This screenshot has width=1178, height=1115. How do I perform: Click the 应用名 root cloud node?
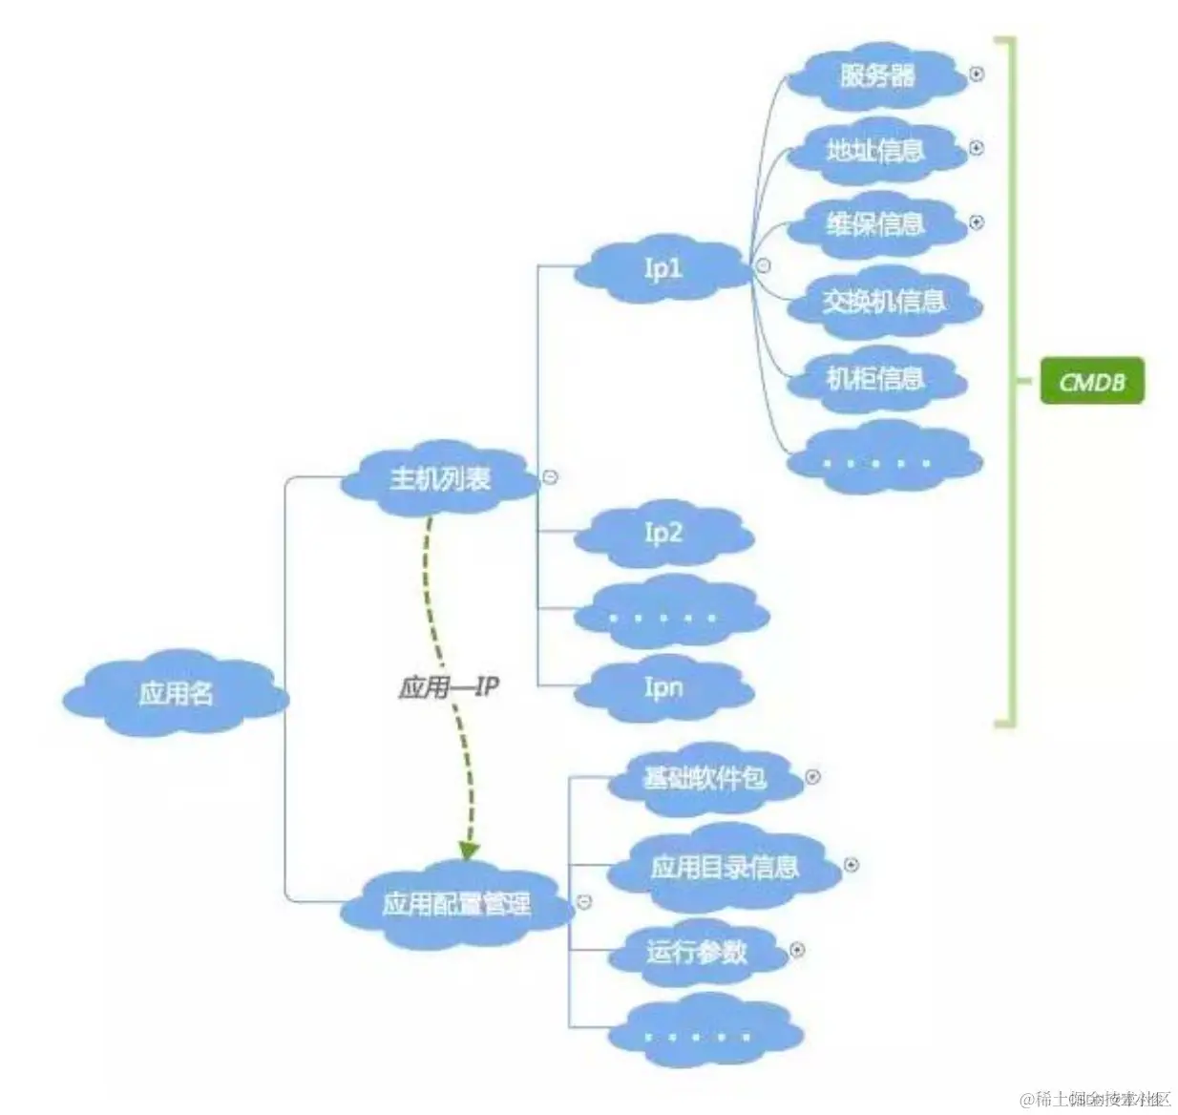tap(176, 693)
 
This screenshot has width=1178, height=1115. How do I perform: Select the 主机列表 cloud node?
tap(439, 478)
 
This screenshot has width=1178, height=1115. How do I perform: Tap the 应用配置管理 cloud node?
tap(455, 903)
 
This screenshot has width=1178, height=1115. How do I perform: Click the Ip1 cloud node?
tap(663, 268)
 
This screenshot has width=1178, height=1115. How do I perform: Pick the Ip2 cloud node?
tap(663, 533)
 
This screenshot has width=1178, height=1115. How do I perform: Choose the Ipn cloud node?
tap(663, 687)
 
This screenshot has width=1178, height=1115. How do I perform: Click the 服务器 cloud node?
tap(876, 74)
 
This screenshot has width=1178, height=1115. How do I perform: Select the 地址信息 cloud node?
tap(874, 150)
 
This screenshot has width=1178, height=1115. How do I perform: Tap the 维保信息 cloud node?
tap(874, 224)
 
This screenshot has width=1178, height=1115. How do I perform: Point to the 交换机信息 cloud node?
tap(883, 302)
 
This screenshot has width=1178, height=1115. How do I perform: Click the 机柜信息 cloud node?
tap(874, 379)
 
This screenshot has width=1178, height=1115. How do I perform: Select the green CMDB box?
tap(1091, 382)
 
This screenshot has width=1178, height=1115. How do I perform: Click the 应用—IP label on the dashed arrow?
tap(448, 687)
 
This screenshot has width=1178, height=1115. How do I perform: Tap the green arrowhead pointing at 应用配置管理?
tap(468, 849)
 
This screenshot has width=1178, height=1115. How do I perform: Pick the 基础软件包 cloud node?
tap(705, 778)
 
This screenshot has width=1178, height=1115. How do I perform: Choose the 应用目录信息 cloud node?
tap(725, 867)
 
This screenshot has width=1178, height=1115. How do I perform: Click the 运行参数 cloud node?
tap(696, 952)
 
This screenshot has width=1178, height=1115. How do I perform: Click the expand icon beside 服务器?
tap(977, 74)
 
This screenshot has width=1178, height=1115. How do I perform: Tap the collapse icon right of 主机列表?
tap(551, 476)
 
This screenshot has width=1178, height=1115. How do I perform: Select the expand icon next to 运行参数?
tap(797, 950)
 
